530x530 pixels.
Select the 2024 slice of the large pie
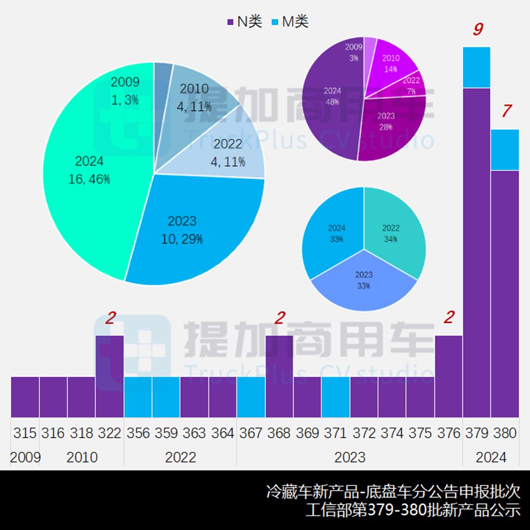click(88, 171)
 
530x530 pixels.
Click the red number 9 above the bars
click(477, 30)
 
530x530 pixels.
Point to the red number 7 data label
click(506, 111)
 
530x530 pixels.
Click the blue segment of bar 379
click(477, 67)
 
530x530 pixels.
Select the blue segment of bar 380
click(505, 150)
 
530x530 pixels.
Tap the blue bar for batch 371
click(335, 396)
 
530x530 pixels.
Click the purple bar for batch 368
click(279, 376)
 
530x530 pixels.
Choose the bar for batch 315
click(25, 396)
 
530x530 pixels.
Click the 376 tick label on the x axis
click(448, 433)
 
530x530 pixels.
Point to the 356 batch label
click(138, 433)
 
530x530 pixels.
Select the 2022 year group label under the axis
click(180, 457)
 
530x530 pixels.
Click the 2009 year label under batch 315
click(25, 457)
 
